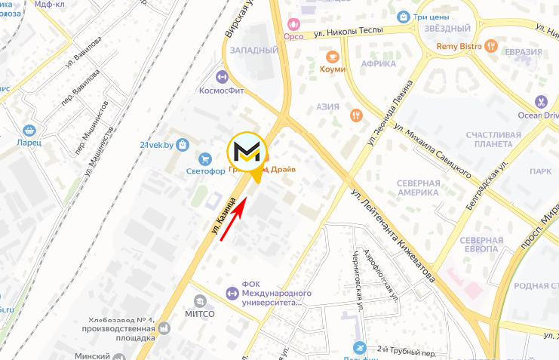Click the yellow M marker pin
[x=248, y=153]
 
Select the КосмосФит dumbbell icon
[x=222, y=76]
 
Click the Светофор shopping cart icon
[x=204, y=158]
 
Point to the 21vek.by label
[x=158, y=144]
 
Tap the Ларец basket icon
[x=29, y=130]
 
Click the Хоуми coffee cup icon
[x=332, y=57]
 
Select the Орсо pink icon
[x=293, y=26]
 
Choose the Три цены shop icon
[x=404, y=17]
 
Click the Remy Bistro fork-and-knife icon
[x=492, y=46]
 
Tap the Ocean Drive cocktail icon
[x=541, y=101]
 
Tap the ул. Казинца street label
[x=226, y=219]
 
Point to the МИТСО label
[x=200, y=313]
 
